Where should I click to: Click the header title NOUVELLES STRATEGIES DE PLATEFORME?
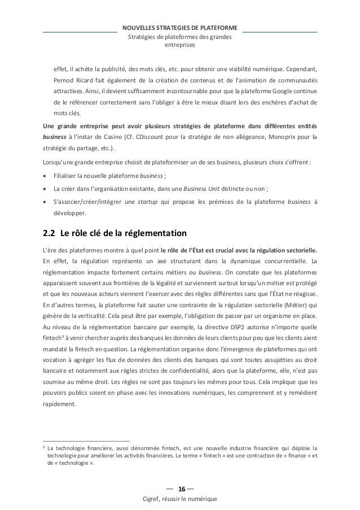(x=179, y=28)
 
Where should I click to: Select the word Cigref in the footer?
(x=155, y=500)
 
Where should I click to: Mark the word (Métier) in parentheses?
(x=297, y=306)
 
